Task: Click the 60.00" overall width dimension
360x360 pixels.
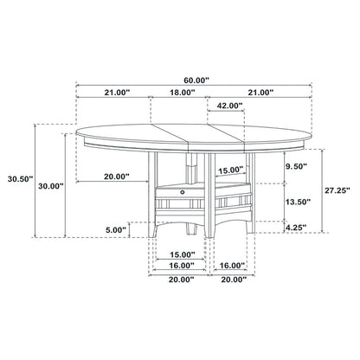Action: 196,77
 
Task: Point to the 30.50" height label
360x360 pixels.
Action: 17,179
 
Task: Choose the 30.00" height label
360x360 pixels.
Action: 49,185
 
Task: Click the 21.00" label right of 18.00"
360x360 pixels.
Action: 260,92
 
